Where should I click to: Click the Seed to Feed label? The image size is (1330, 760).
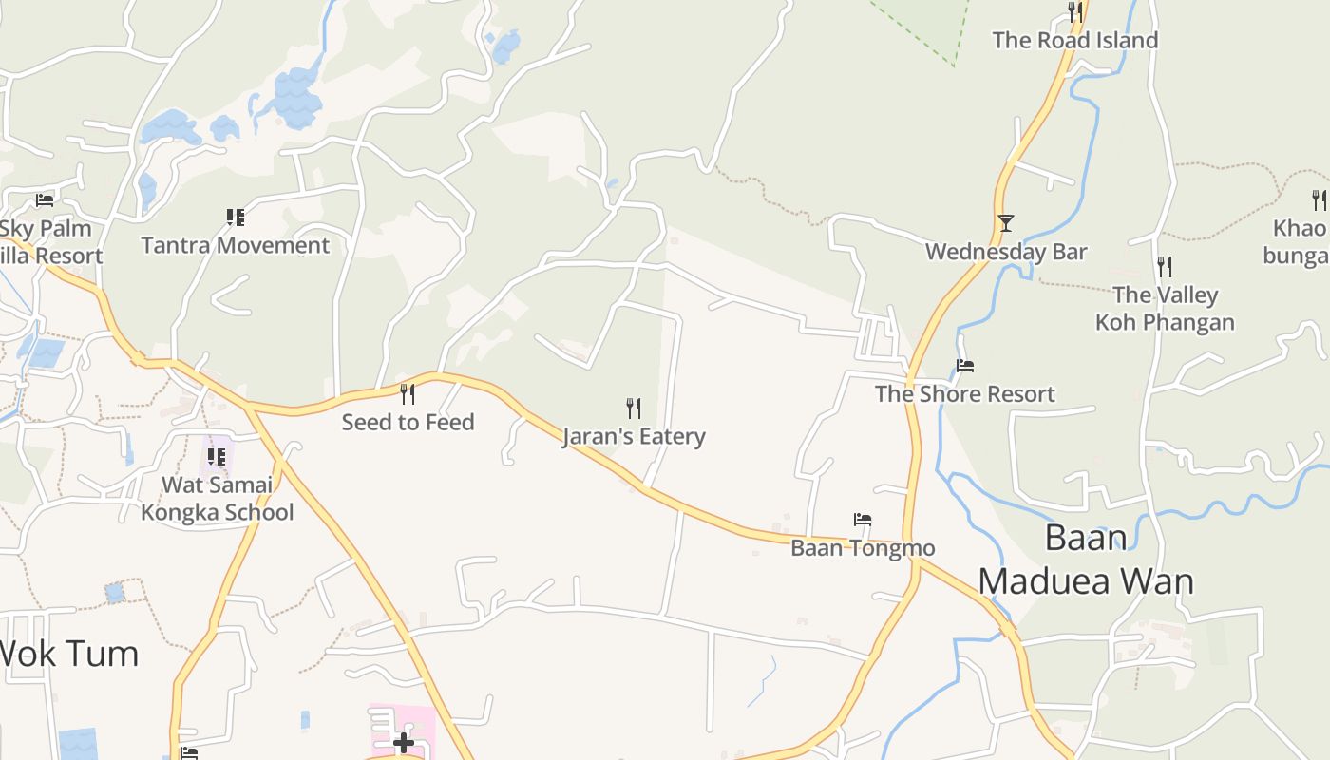tap(408, 422)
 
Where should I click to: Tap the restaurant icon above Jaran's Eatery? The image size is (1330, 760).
tap(634, 408)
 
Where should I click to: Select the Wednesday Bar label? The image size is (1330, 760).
tap(1006, 252)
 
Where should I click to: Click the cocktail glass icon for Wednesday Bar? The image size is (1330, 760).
tap(1006, 223)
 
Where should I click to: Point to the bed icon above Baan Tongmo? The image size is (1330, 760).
tap(863, 520)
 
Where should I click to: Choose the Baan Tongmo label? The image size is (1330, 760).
tap(863, 548)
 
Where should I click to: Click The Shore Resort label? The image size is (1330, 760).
tap(964, 393)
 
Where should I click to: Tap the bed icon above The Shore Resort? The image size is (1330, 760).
tap(965, 366)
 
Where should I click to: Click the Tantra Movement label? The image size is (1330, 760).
tap(236, 245)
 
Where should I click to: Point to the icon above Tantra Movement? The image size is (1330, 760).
tap(236, 218)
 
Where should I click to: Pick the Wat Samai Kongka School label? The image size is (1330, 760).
tap(218, 499)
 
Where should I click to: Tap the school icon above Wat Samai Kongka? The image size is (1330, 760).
tap(217, 457)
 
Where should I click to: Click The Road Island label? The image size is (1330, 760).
tap(1075, 40)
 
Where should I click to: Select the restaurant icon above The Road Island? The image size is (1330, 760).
tap(1075, 11)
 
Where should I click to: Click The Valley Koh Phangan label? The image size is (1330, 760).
tap(1165, 309)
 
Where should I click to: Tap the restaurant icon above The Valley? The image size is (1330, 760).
tap(1165, 266)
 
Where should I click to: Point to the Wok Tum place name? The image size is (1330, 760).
tap(68, 654)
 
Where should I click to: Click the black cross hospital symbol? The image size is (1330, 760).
tap(404, 742)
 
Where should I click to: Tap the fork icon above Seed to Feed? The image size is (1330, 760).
tap(408, 393)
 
